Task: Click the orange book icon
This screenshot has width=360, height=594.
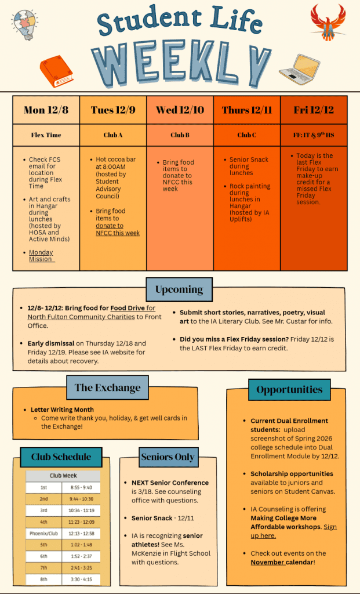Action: [x=56, y=71]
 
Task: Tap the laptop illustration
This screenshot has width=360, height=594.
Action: [x=300, y=70]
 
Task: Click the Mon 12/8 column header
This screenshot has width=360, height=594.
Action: [x=46, y=110]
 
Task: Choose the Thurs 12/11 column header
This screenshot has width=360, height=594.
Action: [x=247, y=110]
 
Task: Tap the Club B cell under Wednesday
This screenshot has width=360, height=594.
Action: [x=180, y=135]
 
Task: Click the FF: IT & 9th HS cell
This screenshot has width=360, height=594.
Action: [x=314, y=135]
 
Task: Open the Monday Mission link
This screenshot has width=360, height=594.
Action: [x=41, y=256]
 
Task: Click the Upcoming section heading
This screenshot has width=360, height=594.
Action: [x=179, y=289]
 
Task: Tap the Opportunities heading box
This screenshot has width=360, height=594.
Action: [x=289, y=390]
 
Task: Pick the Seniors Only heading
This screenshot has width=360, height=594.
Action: [x=168, y=457]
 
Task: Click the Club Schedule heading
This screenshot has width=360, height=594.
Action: [x=61, y=457]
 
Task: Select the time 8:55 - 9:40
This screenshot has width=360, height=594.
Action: [x=81, y=488]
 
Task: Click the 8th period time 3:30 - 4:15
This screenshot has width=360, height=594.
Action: [x=81, y=579]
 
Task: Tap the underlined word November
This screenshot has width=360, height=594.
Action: [x=267, y=562]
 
